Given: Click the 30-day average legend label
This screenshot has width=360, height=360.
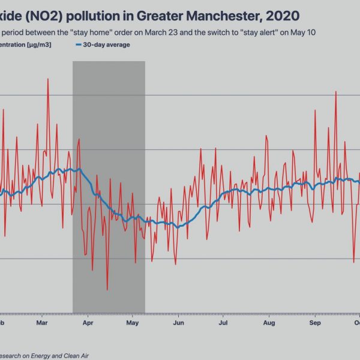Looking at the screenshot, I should pyautogui.click(x=106, y=44).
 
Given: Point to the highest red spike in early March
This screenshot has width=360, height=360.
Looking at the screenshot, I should pyautogui.click(x=48, y=79).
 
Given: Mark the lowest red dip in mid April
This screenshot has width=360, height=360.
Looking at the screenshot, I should pyautogui.click(x=107, y=290).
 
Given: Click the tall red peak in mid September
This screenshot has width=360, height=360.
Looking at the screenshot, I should pyautogui.click(x=336, y=92).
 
